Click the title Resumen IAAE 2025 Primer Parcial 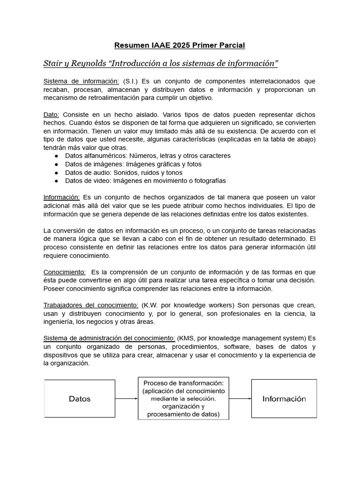pos(180,45)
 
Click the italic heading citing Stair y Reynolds pos(161,63)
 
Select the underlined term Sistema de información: pos(81,81)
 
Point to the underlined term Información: pos(61,197)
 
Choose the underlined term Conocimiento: pos(64,272)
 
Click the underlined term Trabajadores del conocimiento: pos(90,305)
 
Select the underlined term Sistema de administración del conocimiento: pos(109,338)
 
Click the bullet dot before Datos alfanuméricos pos(57,156)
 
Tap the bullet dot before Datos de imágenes pos(57,165)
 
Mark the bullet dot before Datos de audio pos(57,172)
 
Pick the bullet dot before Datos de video pos(57,181)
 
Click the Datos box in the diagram pos(79,399)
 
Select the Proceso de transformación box pos(183,398)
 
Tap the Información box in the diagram pos(284,399)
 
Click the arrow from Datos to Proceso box pos(126,399)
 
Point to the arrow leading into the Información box pos(240,399)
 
